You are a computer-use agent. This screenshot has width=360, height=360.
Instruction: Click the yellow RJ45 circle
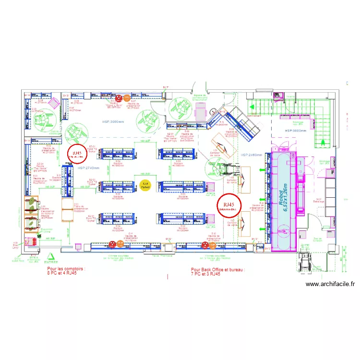click(x=145, y=185)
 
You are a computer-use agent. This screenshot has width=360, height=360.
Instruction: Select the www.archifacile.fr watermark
click(x=330, y=284)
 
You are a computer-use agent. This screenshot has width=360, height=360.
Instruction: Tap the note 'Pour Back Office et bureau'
click(x=217, y=272)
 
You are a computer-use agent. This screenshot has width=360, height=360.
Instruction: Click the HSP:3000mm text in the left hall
click(x=113, y=122)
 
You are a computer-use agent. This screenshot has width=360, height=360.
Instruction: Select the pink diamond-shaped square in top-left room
click(x=54, y=103)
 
